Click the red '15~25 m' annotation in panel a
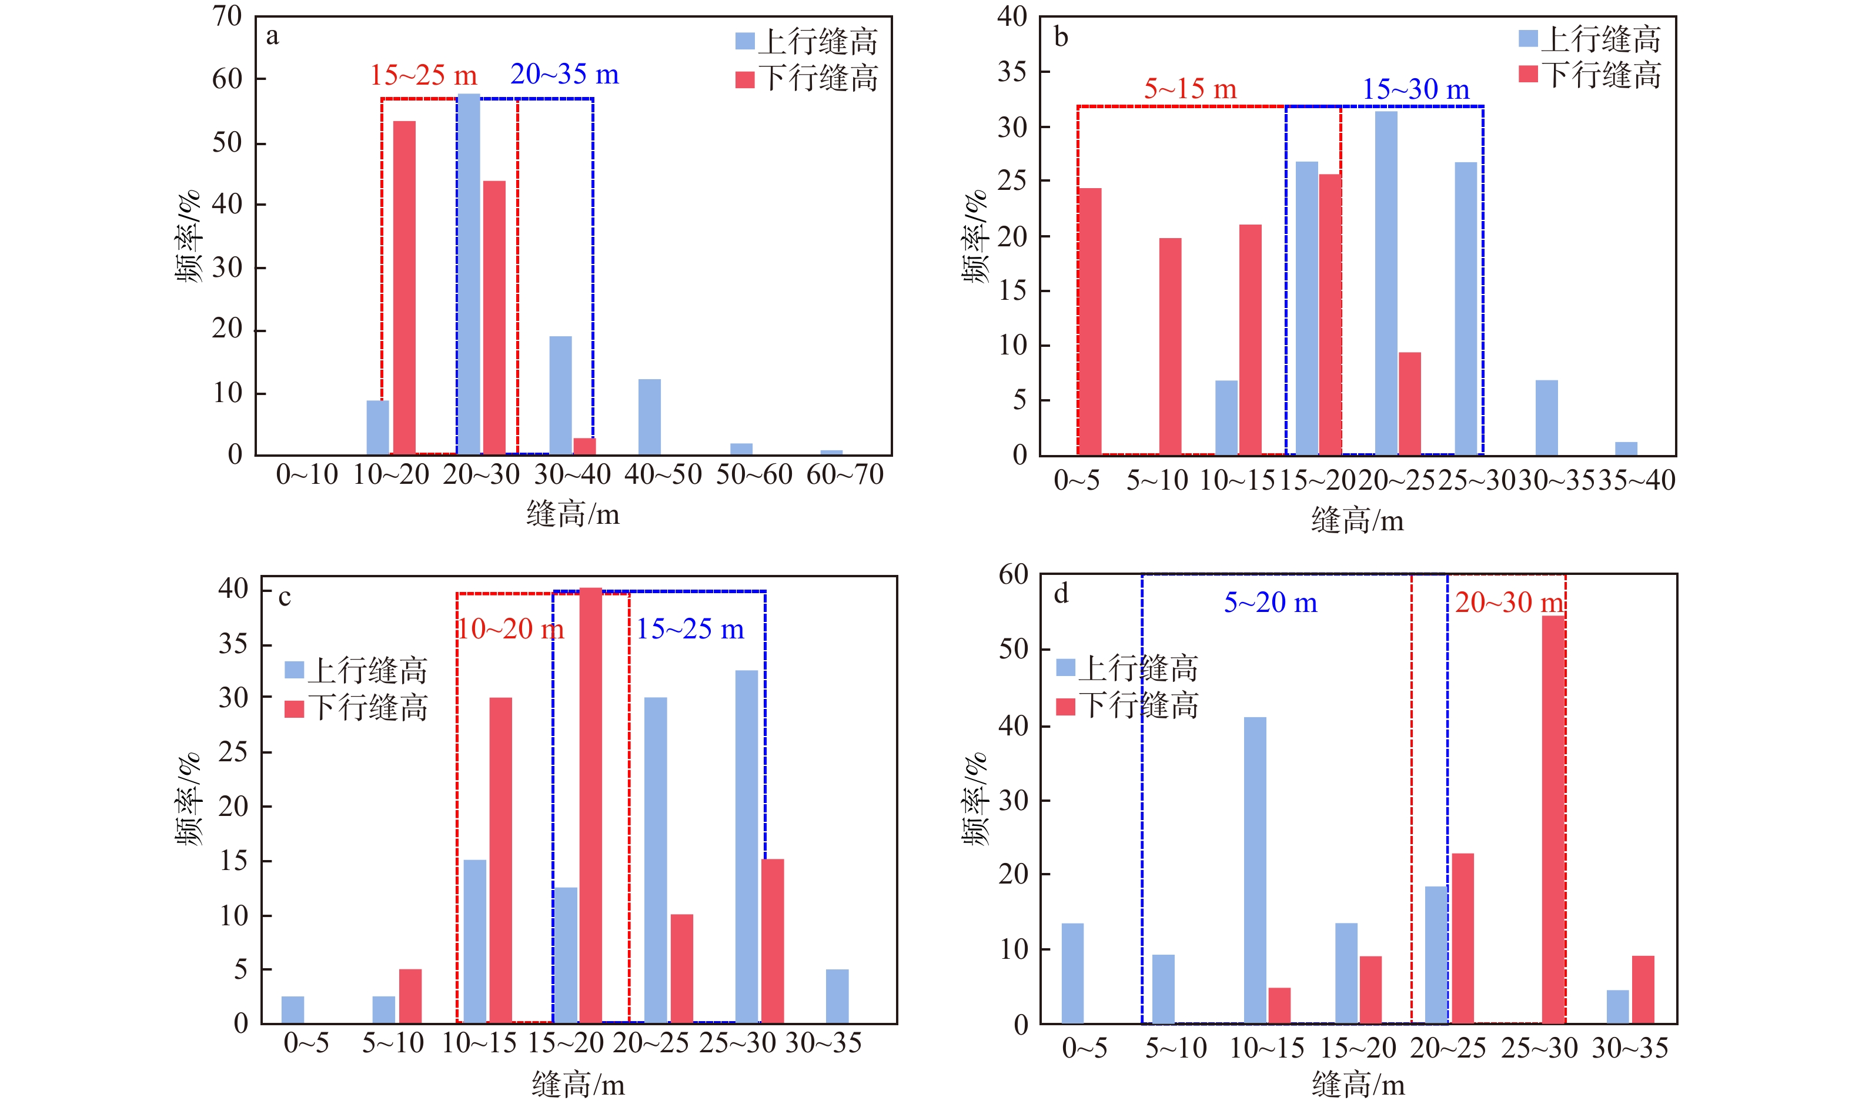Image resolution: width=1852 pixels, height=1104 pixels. (x=423, y=75)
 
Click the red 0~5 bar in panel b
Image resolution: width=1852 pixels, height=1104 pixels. (x=1090, y=322)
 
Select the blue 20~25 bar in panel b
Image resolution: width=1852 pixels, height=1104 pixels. (x=1386, y=283)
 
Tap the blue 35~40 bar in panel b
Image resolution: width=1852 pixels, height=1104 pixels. (x=1626, y=449)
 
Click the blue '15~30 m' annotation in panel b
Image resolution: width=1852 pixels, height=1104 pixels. (x=1416, y=90)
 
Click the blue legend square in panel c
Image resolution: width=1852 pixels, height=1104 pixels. (x=295, y=670)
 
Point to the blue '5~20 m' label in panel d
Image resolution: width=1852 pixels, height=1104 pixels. (x=1270, y=603)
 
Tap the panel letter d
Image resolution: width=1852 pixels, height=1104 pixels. (x=1061, y=594)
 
